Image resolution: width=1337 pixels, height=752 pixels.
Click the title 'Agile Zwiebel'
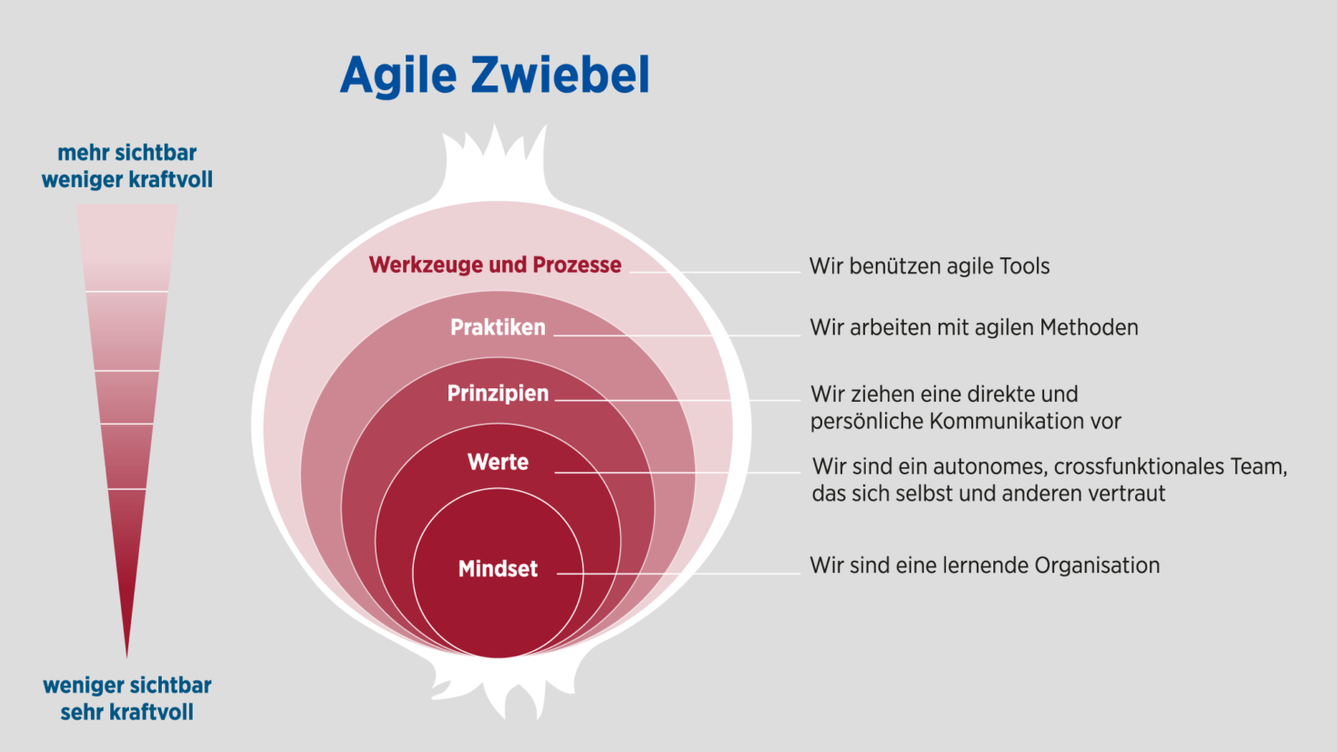(x=495, y=75)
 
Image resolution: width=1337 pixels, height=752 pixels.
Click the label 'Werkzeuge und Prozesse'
(x=495, y=265)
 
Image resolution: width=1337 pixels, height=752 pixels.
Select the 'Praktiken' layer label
(x=498, y=327)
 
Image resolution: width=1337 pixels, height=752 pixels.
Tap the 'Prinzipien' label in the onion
(x=498, y=394)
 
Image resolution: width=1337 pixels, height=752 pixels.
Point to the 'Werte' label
(x=498, y=462)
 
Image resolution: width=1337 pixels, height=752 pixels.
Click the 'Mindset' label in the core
(x=498, y=569)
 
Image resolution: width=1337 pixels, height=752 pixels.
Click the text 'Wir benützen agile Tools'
(x=929, y=266)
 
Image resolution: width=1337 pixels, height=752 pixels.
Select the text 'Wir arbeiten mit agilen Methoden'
(x=973, y=327)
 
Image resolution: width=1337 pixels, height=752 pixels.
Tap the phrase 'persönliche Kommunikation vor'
(x=965, y=421)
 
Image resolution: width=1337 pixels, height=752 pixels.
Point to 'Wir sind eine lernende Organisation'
(x=984, y=566)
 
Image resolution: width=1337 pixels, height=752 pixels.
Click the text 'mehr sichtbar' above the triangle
(x=126, y=153)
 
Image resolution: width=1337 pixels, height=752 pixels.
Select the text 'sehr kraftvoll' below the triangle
(x=126, y=712)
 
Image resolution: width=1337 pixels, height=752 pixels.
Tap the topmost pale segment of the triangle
(x=126, y=246)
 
